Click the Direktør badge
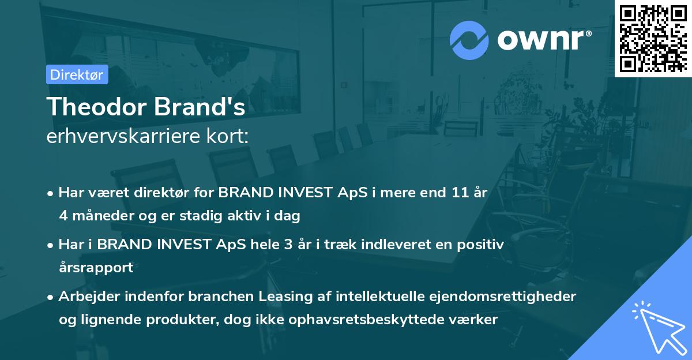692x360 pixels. (x=77, y=74)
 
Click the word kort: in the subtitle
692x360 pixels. (x=231, y=137)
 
